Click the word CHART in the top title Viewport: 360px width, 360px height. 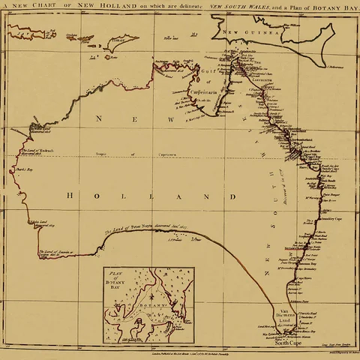pos(43,7)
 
